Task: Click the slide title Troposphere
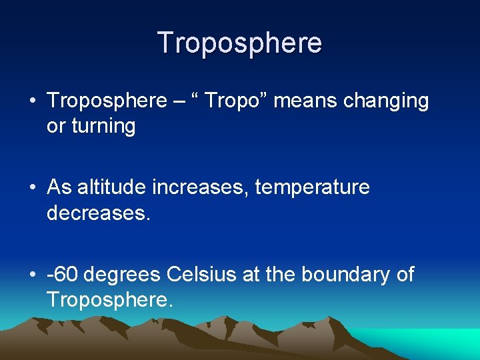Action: click(240, 43)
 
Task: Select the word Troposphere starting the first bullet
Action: click(107, 101)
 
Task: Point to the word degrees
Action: click(123, 275)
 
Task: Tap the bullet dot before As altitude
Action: click(33, 188)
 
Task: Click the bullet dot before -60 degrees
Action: click(33, 275)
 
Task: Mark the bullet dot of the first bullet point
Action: click(33, 101)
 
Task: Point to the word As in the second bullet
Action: click(59, 187)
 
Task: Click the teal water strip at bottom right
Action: click(440, 343)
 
